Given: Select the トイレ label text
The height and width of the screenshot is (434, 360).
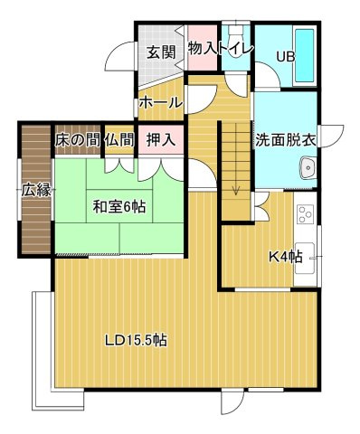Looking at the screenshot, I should click(235, 49).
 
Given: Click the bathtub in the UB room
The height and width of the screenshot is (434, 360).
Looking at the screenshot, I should click(302, 55).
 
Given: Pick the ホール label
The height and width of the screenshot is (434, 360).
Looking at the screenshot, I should click(159, 103).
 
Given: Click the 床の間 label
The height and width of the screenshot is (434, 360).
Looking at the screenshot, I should click(77, 140).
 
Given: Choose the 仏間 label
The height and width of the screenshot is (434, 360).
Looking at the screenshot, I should click(119, 140).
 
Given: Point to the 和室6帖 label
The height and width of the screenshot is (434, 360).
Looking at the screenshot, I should click(118, 205).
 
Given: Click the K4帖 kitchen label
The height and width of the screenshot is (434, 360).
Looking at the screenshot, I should click(284, 257).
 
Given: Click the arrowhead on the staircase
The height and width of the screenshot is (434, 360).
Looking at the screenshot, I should click(236, 189).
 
